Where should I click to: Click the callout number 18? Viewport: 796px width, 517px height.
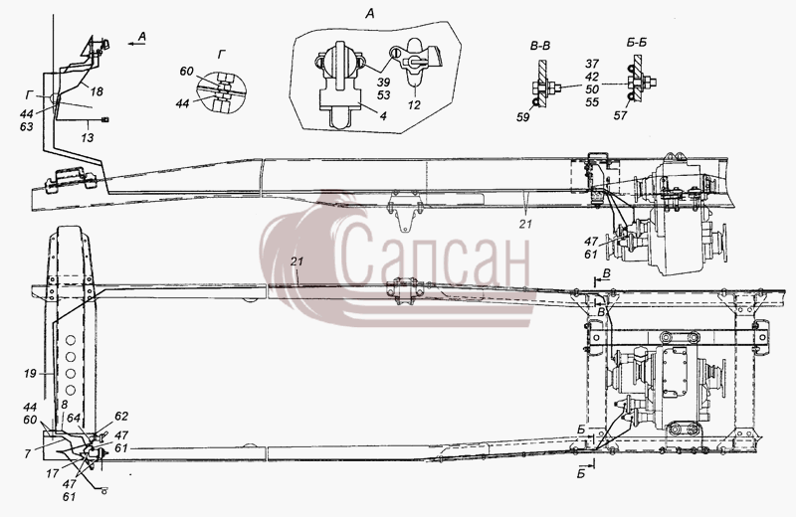[x=97, y=91]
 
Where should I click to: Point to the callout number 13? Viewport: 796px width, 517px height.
[x=88, y=137]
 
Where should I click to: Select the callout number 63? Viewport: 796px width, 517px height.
[x=27, y=126]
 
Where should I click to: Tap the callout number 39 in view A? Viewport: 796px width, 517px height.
[x=384, y=84]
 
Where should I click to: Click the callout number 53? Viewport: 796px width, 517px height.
[x=384, y=95]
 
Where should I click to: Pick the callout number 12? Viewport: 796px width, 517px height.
[x=414, y=105]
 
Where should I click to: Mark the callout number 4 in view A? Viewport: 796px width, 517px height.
[x=383, y=116]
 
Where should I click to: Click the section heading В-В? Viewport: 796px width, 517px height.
[x=540, y=46]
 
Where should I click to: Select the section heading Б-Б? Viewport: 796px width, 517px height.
[x=637, y=42]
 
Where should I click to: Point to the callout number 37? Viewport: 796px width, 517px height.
[x=592, y=64]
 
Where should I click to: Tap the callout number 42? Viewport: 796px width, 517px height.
[x=592, y=77]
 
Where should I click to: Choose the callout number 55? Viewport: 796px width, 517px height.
[x=592, y=102]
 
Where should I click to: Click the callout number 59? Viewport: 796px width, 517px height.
[x=523, y=117]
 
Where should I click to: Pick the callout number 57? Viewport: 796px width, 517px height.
[x=620, y=115]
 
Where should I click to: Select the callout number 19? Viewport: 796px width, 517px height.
[x=30, y=374]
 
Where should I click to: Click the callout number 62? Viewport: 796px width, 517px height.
[x=121, y=417]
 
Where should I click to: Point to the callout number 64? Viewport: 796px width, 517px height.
[x=74, y=418]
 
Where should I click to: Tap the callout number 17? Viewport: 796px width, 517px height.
[x=53, y=474]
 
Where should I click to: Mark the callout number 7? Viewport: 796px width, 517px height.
[x=28, y=454]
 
